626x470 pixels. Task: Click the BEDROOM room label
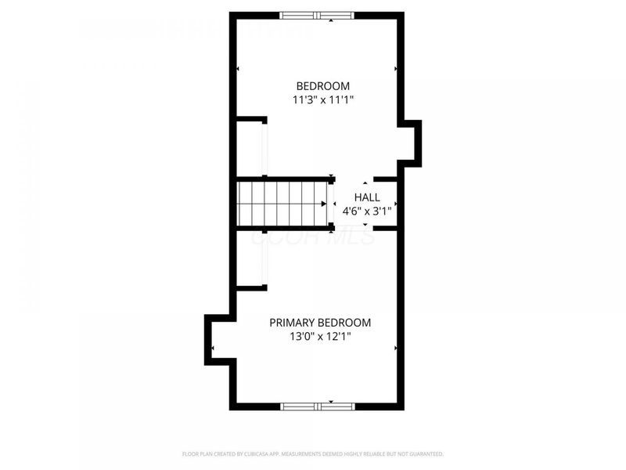coord(322,86)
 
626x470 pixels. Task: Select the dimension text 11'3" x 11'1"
coord(322,100)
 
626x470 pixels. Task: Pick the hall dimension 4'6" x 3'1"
coord(366,211)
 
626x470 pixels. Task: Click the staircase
coord(282,204)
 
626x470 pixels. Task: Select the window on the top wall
coord(317,15)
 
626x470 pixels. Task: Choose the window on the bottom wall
coord(317,406)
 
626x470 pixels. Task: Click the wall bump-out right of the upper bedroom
coord(412,143)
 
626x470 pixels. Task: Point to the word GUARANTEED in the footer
coord(426,454)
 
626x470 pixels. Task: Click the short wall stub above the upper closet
coord(252,119)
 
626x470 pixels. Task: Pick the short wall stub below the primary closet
coord(252,288)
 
